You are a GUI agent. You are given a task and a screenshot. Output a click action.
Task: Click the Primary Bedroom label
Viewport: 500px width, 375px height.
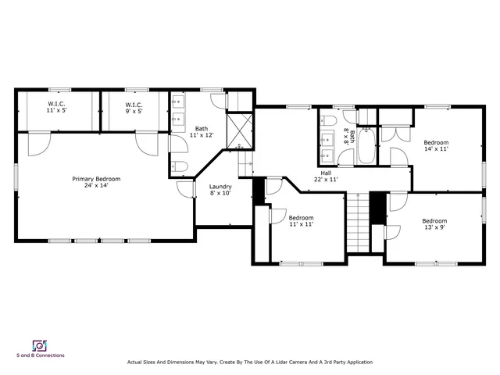pos(96,182)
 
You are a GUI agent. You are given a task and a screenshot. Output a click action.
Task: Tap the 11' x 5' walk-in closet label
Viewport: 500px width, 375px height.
pos(55,108)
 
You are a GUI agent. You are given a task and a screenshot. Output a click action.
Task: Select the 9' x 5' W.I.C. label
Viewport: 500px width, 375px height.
pos(134,108)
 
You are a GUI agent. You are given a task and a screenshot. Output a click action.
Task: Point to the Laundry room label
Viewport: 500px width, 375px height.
pos(220,190)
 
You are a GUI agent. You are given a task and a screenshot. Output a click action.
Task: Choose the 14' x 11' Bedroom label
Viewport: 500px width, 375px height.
pos(435,145)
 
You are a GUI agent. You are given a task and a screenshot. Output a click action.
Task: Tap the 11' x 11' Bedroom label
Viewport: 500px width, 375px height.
pos(301,221)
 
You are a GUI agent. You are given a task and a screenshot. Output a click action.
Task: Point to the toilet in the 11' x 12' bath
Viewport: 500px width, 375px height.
pos(179,166)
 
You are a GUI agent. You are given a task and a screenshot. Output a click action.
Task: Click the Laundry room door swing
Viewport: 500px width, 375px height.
pos(185,187)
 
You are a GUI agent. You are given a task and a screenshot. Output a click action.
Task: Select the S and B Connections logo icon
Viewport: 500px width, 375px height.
pos(37,345)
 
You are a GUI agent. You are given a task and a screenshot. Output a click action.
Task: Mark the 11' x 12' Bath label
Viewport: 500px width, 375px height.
pos(202,132)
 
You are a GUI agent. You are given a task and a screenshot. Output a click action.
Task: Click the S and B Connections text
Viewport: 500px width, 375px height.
pos(41,355)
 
